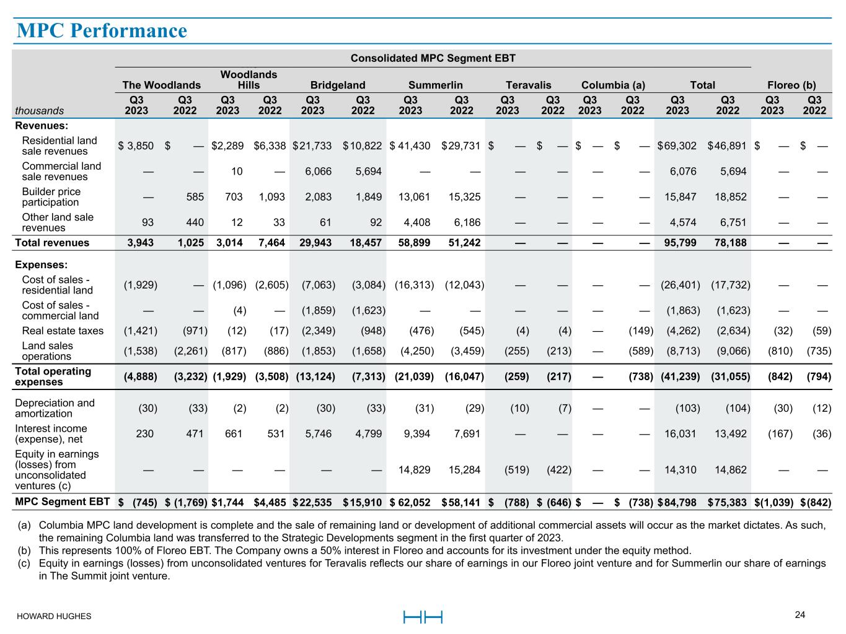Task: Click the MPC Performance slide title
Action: point(102,30)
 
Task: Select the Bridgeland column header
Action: point(337,85)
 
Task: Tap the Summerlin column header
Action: point(435,85)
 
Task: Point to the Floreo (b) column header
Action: point(791,85)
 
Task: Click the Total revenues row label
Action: point(52,243)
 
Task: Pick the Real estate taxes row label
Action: point(63,331)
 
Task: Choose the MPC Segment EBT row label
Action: point(63,502)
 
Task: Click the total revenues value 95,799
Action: point(681,243)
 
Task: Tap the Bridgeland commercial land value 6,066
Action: point(318,172)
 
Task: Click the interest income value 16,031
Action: point(681,434)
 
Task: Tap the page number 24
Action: point(800,615)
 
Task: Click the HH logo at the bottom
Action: point(423,617)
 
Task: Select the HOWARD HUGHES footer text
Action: point(54,616)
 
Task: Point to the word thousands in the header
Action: point(40,111)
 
